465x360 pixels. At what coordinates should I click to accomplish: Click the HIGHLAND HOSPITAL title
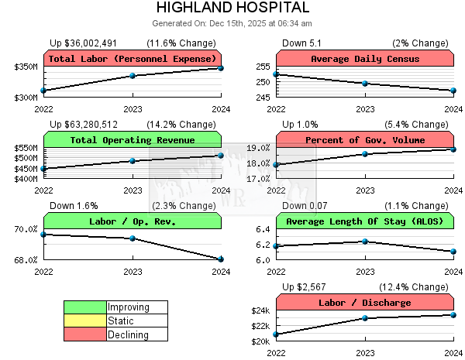pyautogui.click(x=232, y=8)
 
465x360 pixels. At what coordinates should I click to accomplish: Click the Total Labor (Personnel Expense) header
pyautogui.click(x=133, y=59)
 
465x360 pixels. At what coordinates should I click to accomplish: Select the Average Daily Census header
pyautogui.click(x=364, y=59)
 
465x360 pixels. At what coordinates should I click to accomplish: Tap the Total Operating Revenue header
pyautogui.click(x=133, y=140)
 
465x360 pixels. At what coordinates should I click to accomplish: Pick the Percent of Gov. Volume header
pyautogui.click(x=364, y=140)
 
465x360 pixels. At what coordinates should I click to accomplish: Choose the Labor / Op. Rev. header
pyautogui.click(x=133, y=221)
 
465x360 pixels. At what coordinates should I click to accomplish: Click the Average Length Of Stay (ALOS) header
pyautogui.click(x=364, y=221)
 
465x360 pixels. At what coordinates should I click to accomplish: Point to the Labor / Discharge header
pyautogui.click(x=364, y=303)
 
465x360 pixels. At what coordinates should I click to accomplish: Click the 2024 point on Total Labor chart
pyautogui.click(x=221, y=68)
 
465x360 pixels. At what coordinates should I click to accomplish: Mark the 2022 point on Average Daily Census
pyautogui.click(x=277, y=74)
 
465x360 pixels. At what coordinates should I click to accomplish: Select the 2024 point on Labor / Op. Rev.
pyautogui.click(x=221, y=259)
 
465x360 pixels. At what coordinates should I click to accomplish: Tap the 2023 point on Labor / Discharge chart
pyautogui.click(x=365, y=318)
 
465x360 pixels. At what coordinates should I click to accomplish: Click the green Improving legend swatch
pyautogui.click(x=85, y=307)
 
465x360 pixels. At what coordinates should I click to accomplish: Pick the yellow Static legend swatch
pyautogui.click(x=85, y=321)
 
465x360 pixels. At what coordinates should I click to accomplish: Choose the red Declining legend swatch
pyautogui.click(x=85, y=334)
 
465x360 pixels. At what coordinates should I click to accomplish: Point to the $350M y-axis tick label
pyautogui.click(x=26, y=68)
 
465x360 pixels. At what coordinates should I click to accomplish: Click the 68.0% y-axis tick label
pyautogui.click(x=26, y=260)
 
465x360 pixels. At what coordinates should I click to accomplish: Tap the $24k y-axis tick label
pyautogui.click(x=260, y=311)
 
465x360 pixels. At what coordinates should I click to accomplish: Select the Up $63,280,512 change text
pyautogui.click(x=84, y=124)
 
